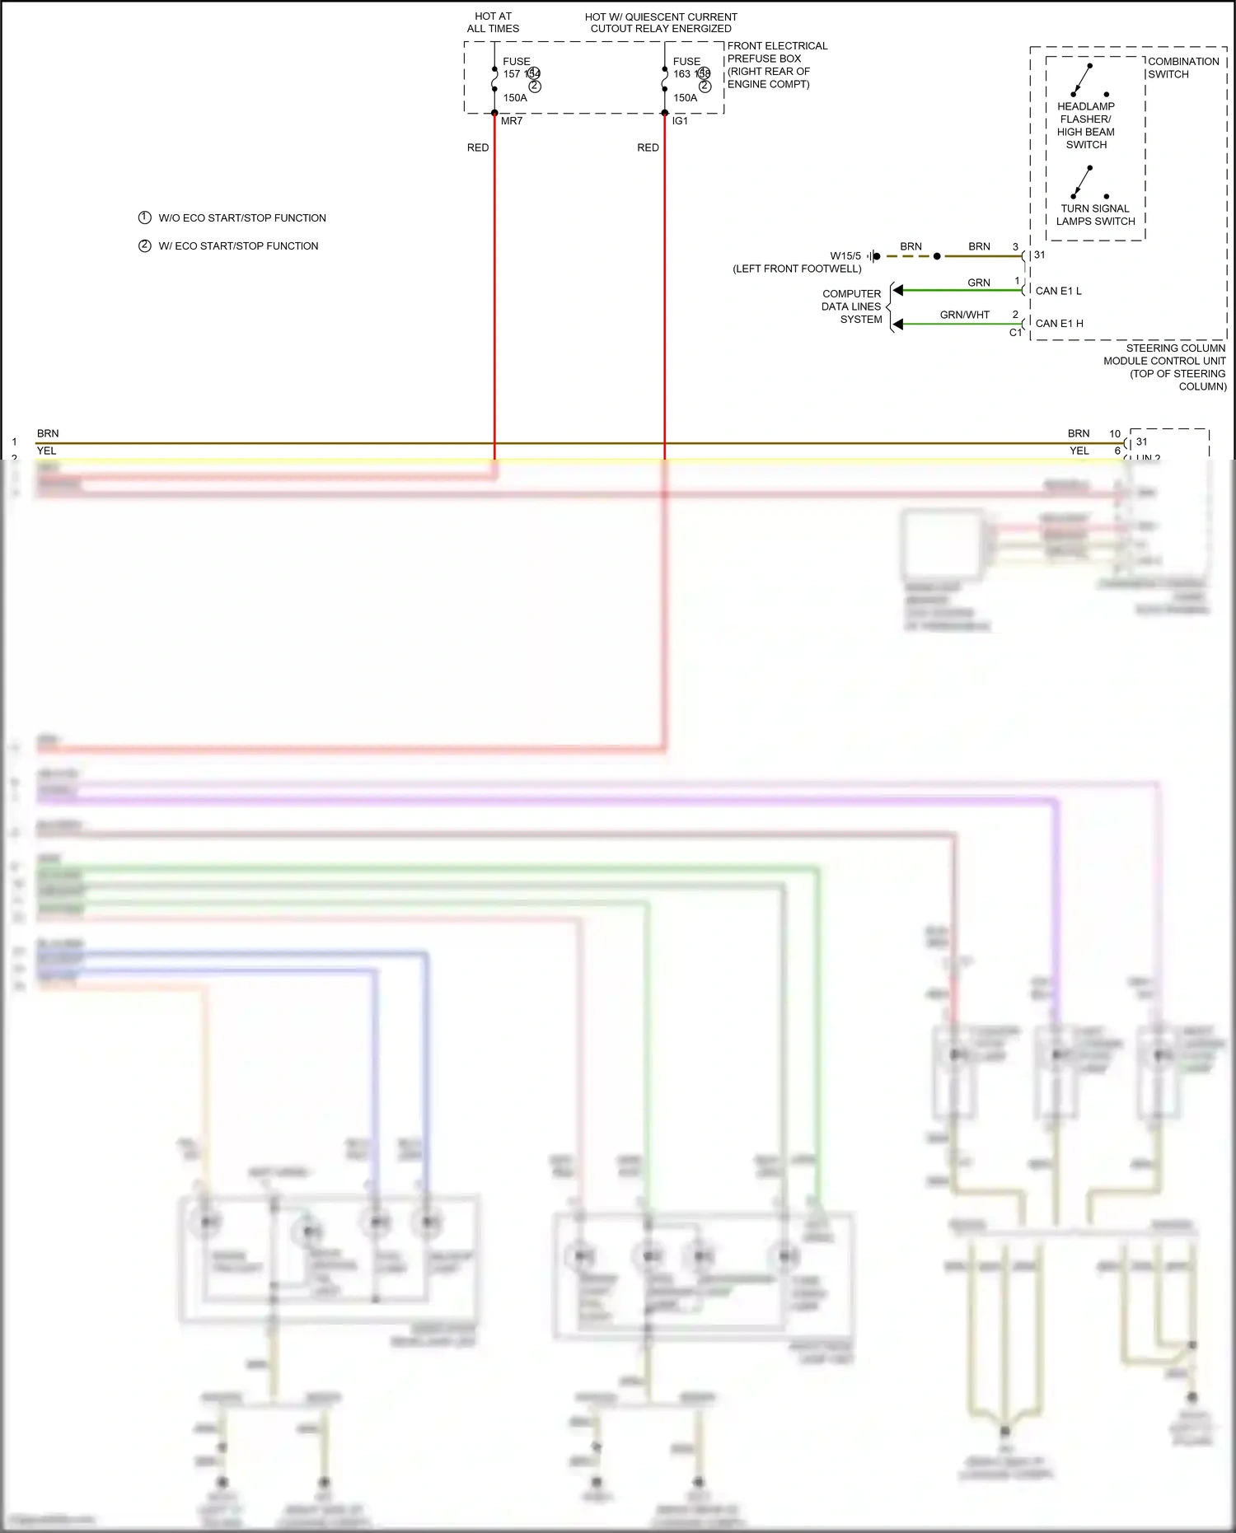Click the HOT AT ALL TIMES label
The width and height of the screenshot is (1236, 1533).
tap(493, 22)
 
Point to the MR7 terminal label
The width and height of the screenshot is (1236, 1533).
tap(512, 121)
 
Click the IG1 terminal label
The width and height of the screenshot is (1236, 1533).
tap(680, 121)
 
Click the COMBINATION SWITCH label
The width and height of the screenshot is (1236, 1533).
tap(1182, 68)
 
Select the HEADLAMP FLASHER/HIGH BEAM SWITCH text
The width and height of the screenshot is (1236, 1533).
tap(1086, 125)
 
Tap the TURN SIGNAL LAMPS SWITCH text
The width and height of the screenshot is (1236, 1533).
tap(1095, 215)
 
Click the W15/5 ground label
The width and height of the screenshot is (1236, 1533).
tap(845, 256)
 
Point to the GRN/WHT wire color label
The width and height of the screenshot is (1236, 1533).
tap(964, 315)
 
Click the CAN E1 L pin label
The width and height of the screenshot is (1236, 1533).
tap(1058, 291)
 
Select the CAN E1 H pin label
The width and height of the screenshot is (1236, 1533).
tap(1059, 324)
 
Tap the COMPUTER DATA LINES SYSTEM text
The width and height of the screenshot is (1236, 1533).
tap(852, 306)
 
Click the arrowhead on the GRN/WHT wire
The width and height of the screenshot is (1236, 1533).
tap(898, 324)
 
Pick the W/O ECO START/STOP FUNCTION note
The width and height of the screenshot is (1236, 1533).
tap(241, 218)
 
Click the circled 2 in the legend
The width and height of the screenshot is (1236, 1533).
tap(145, 245)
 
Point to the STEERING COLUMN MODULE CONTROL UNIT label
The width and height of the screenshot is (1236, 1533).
tap(1164, 367)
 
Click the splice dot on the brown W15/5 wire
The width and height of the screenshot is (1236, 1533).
tap(937, 256)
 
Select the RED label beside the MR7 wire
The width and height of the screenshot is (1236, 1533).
tap(478, 147)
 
